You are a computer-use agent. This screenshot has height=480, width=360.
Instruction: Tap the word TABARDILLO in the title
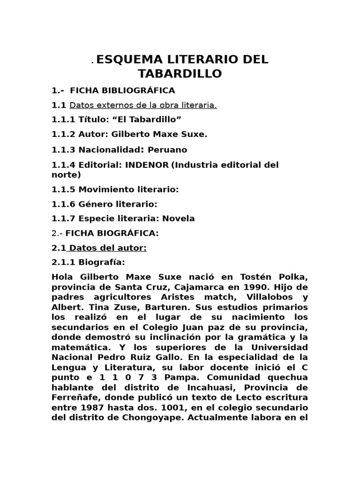coord(180,74)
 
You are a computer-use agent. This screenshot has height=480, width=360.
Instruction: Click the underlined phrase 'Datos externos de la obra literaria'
coord(143,105)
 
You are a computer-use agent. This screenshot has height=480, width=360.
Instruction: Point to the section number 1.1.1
coord(63,120)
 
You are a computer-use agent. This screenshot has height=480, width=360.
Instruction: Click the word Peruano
coord(167,150)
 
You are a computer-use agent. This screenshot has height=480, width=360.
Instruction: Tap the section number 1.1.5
coord(63,189)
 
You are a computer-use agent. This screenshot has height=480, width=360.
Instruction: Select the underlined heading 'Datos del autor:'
coord(108,248)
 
